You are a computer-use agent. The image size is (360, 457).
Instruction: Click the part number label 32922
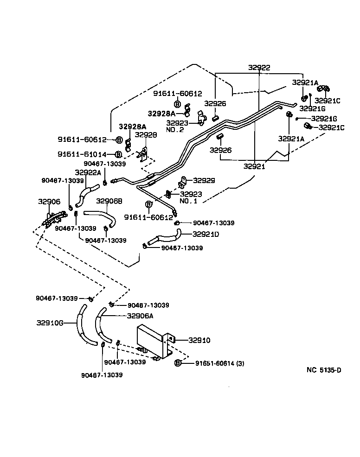(x=259, y=68)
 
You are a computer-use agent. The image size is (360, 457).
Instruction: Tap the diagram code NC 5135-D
(x=324, y=370)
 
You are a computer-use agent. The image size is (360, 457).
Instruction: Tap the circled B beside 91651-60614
(x=178, y=363)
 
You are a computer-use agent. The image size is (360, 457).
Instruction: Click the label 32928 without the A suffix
(x=146, y=135)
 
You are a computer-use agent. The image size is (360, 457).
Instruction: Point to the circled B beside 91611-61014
(x=118, y=154)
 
